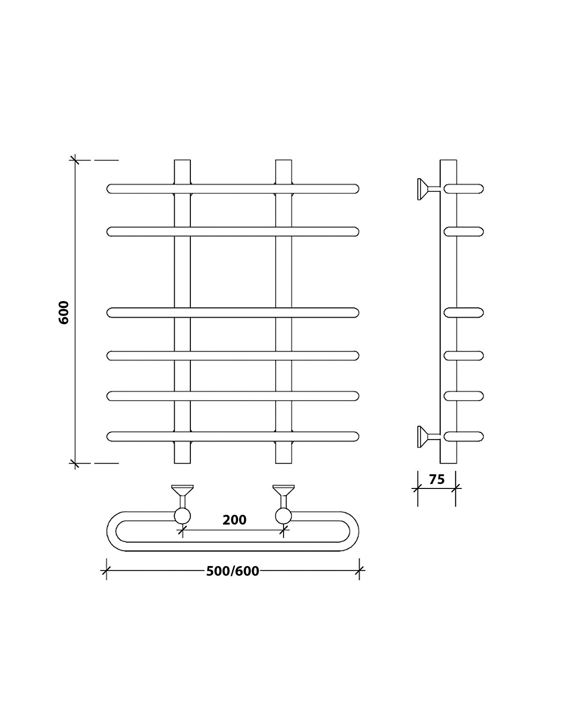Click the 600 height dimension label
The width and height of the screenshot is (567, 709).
[63, 312]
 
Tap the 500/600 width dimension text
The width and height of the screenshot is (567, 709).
[233, 571]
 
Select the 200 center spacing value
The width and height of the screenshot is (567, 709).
[234, 520]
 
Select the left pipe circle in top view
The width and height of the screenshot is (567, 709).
[182, 516]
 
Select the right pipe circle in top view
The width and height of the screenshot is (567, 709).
[283, 516]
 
